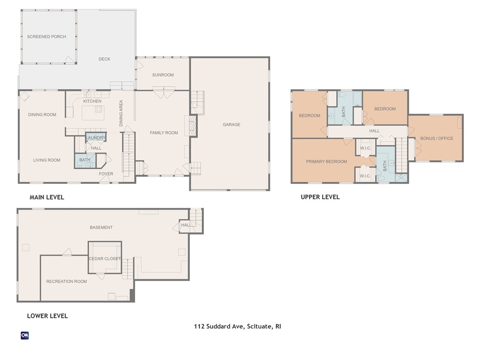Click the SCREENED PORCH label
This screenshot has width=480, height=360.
pos(46,37)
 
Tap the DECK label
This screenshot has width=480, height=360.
pos(104,59)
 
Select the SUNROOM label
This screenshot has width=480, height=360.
pos(163,75)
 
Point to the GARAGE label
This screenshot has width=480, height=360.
pos(231,125)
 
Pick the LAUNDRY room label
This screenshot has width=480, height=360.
pos(96,138)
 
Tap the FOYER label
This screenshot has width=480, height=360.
pos(106,174)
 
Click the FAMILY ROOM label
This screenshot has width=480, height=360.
pos(164,133)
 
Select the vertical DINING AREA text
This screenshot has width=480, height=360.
pos(121,113)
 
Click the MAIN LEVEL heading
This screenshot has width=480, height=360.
pos(47,197)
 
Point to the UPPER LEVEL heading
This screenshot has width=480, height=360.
pos(320,197)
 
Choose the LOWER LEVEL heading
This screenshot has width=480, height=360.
pos(47,316)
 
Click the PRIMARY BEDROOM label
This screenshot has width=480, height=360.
pos(326,162)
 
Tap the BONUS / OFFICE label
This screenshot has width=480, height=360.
pos(436,138)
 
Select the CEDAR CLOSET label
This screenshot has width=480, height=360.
pos(105,259)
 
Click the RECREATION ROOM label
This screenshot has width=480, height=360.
pos(67,281)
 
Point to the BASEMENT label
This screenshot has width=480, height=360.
pos(101,227)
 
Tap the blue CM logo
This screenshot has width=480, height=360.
pos(25,335)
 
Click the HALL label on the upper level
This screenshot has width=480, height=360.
pos(374,131)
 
